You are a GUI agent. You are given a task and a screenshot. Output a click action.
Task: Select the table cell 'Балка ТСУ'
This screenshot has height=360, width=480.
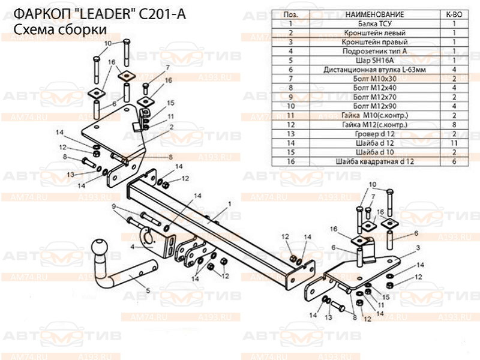[x=374, y=23]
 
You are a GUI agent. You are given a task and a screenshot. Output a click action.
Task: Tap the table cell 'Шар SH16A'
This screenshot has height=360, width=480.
[x=374, y=61]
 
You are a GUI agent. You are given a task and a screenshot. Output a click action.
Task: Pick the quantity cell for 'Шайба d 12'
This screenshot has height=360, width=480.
[x=454, y=143]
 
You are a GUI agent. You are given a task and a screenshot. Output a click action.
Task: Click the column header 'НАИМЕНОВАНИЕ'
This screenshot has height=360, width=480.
[x=374, y=14]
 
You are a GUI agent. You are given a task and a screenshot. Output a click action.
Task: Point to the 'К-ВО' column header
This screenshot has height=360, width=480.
[x=454, y=14]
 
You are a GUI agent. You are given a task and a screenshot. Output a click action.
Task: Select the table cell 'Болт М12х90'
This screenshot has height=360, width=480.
[x=374, y=106]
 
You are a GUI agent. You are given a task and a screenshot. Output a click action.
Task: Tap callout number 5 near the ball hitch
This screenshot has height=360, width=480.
[x=148, y=290]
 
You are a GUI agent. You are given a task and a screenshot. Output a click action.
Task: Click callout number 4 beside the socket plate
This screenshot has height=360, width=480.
[x=132, y=247]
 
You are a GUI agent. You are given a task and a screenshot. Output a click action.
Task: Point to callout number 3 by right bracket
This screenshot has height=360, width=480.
[x=418, y=247]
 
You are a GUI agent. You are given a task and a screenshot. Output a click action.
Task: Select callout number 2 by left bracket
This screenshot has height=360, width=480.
[x=172, y=127]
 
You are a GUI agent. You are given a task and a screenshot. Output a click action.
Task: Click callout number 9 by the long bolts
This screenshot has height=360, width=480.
[x=114, y=206]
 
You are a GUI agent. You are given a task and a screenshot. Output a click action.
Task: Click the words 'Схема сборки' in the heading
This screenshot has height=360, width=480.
[x=60, y=29]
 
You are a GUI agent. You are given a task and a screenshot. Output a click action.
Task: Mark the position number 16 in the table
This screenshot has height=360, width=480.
[x=291, y=161]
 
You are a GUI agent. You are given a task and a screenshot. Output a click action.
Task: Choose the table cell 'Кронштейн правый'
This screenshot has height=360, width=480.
[x=374, y=42]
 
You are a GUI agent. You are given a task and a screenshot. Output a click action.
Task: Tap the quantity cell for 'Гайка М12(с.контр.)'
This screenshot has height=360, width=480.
[x=454, y=125]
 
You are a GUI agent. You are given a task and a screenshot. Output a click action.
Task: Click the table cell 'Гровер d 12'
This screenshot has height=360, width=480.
[x=374, y=134]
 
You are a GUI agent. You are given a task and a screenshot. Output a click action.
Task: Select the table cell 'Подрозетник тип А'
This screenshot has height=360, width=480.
[x=374, y=51]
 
